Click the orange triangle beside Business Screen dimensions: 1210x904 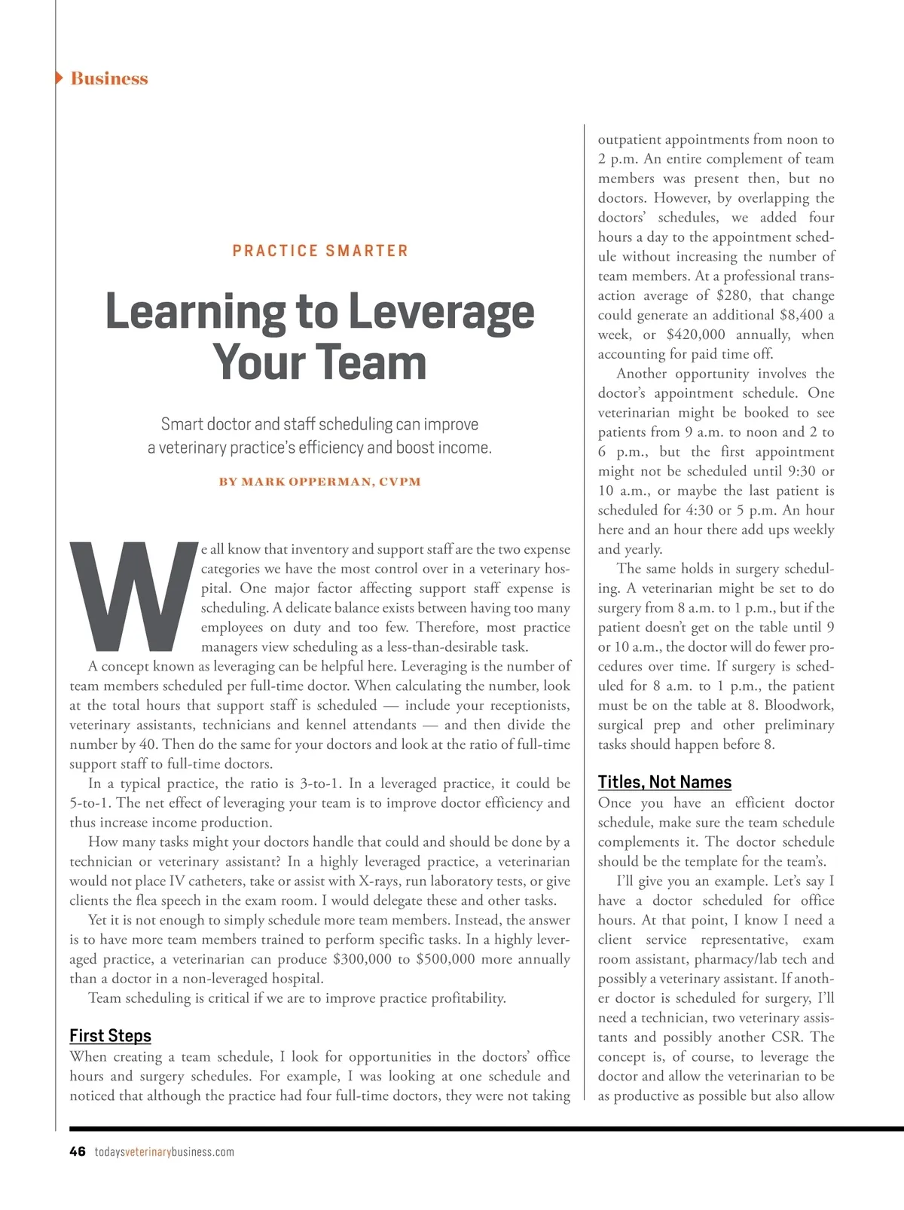click(x=60, y=78)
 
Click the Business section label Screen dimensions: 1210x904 click(x=109, y=78)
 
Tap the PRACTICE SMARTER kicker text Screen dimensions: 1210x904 click(x=320, y=251)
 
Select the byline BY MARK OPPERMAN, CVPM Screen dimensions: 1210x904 click(x=320, y=481)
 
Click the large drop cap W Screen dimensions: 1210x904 click(x=133, y=595)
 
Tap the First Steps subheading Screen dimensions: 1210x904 click(x=110, y=1036)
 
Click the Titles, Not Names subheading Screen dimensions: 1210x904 click(x=664, y=782)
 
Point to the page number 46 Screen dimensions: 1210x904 click(x=78, y=1151)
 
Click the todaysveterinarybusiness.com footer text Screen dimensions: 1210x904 click(x=164, y=1152)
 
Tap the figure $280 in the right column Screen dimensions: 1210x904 click(x=732, y=295)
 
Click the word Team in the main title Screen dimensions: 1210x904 click(x=374, y=362)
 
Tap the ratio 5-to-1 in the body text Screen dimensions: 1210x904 click(x=89, y=803)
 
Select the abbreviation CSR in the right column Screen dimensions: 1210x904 click(x=786, y=1037)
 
